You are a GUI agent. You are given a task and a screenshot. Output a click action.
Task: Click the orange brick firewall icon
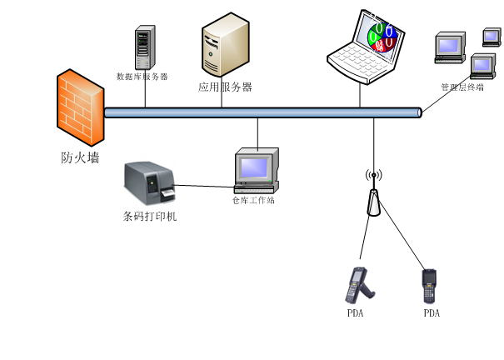81,108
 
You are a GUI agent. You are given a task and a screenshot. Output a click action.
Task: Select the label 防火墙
80,157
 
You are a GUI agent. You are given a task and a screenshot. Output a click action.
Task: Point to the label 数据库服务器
142,77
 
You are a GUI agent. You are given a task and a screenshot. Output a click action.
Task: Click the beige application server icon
224,47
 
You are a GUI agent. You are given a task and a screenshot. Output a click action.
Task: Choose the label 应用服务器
225,87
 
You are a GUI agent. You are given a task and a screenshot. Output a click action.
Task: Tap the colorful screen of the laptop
382,37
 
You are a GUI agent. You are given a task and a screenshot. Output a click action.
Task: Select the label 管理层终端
462,87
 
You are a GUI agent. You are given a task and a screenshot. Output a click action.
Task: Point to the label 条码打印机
150,217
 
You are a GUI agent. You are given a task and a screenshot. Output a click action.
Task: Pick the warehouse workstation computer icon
255,171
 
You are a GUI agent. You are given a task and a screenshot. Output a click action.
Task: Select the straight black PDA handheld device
430,286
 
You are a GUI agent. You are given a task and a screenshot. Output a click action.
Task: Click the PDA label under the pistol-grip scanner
356,313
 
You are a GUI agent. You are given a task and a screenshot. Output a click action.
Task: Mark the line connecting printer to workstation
204,187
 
